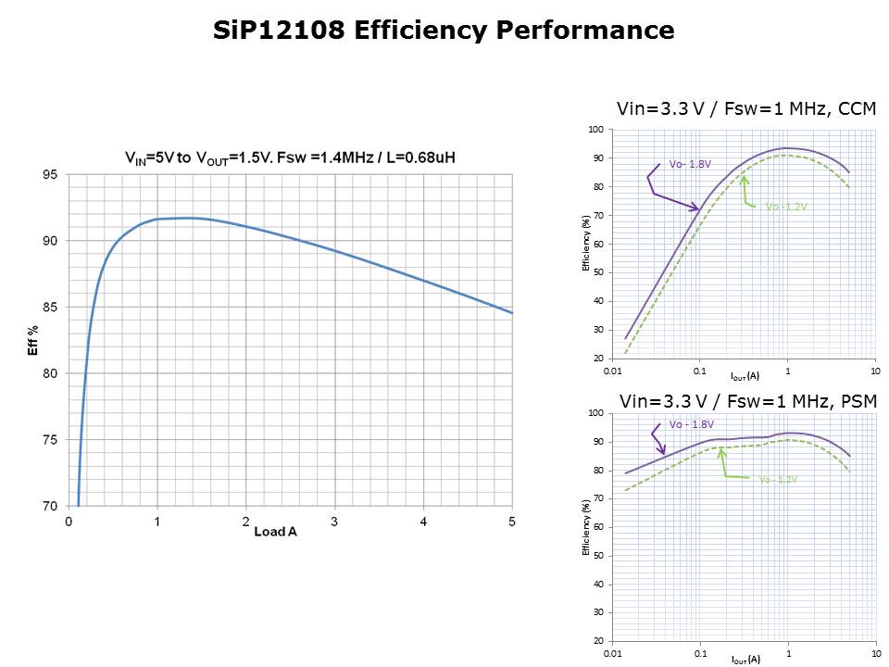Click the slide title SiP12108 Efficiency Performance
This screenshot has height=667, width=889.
(444, 31)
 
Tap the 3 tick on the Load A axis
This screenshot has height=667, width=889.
(334, 522)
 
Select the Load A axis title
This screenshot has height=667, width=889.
(276, 531)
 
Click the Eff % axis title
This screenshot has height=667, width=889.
(33, 340)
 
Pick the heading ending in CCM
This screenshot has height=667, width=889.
(745, 109)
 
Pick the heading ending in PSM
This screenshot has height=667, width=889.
(747, 401)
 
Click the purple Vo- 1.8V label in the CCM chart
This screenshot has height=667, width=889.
(690, 164)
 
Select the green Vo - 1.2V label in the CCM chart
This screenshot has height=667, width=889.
(786, 207)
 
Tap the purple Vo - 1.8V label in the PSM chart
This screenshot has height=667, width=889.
(692, 424)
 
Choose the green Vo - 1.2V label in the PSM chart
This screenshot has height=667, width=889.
(778, 479)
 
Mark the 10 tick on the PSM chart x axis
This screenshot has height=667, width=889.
(875, 654)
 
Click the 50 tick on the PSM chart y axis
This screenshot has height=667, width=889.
(597, 556)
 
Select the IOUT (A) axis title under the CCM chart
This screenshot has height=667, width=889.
(745, 376)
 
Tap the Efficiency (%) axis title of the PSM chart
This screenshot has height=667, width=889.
(585, 528)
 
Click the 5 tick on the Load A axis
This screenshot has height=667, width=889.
(512, 522)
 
